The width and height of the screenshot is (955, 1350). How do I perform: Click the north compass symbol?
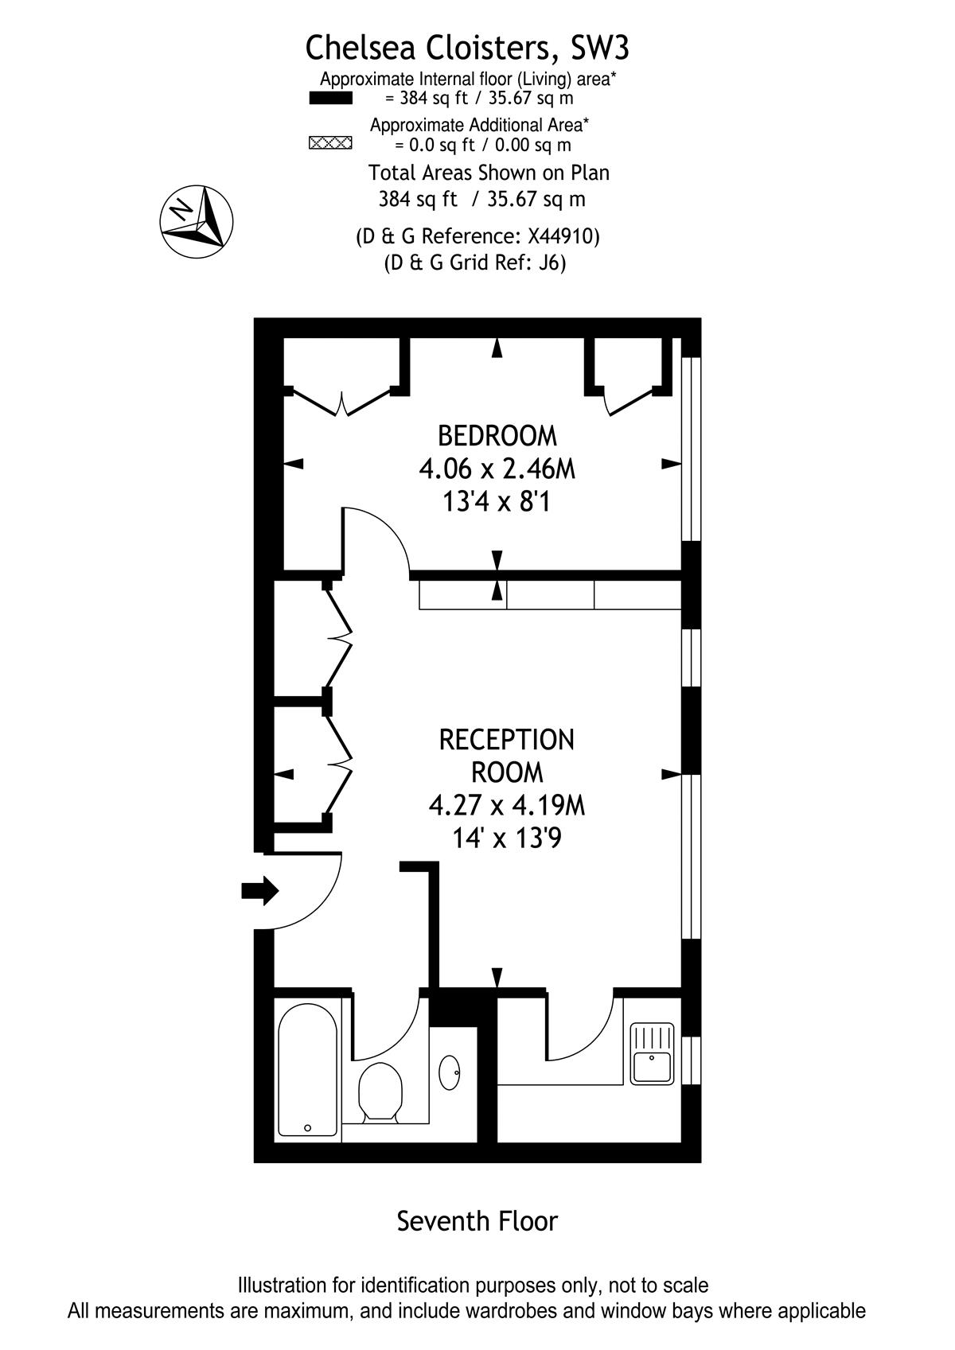[196, 222]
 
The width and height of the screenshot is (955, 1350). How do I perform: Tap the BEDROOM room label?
[497, 436]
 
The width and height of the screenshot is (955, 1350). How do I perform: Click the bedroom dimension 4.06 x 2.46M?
[497, 469]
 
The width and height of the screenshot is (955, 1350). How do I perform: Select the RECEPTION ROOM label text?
[506, 756]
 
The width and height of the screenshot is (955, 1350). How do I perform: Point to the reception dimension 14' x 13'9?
[506, 838]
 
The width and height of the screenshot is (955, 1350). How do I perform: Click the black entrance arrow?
[260, 890]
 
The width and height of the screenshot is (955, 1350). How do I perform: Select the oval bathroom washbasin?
[449, 1072]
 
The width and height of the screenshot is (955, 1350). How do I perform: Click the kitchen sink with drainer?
[652, 1053]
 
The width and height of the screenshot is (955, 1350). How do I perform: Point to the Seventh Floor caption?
[477, 1221]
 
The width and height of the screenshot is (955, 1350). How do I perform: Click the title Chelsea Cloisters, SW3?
[467, 49]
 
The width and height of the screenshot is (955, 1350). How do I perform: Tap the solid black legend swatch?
[330, 98]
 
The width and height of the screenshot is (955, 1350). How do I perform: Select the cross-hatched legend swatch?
[330, 143]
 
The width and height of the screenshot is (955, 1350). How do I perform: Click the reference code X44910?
[561, 235]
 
